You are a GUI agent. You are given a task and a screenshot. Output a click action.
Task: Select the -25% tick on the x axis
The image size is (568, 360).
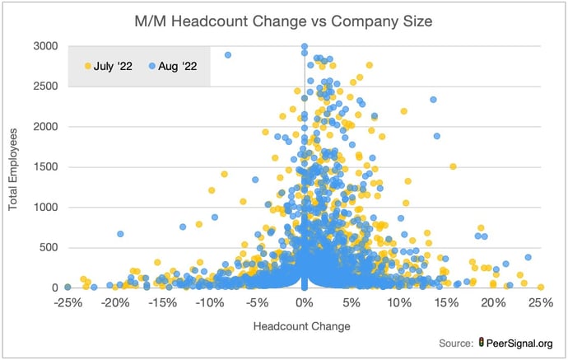point(67,303)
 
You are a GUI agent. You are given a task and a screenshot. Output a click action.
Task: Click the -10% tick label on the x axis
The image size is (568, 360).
point(209,303)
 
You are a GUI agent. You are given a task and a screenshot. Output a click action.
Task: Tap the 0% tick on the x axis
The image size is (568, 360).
point(305,303)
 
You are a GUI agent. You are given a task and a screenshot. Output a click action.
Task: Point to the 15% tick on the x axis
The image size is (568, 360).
point(446,303)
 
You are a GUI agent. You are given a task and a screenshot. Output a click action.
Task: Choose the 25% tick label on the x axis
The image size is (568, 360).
point(541,303)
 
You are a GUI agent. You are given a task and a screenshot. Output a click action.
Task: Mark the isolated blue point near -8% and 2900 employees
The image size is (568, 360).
point(228,55)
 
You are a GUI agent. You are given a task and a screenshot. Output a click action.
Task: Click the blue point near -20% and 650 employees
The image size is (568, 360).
point(120,234)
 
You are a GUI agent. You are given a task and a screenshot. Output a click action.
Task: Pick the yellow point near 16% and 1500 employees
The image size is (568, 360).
point(453,166)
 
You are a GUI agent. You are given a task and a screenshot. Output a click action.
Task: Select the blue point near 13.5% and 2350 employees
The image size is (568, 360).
point(433,100)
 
